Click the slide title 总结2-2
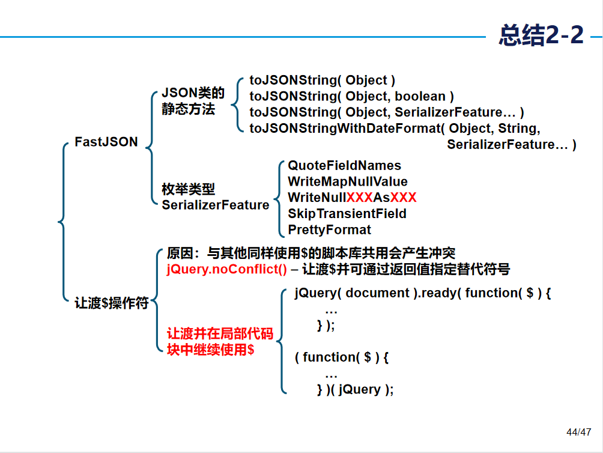click(541, 35)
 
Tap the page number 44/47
click(579, 432)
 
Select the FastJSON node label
click(106, 142)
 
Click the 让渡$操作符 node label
click(112, 303)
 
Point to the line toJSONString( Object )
click(323, 80)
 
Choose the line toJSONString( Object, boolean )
click(351, 96)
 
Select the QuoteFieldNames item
click(344, 165)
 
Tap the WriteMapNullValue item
click(347, 181)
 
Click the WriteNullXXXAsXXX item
click(352, 198)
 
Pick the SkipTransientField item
click(347, 214)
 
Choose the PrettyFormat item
click(329, 230)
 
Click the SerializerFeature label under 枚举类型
click(215, 205)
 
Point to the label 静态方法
click(188, 109)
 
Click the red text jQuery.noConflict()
click(227, 269)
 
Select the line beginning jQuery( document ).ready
click(423, 293)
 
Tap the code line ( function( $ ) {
click(342, 357)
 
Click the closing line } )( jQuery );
click(356, 389)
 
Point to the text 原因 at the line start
click(179, 253)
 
